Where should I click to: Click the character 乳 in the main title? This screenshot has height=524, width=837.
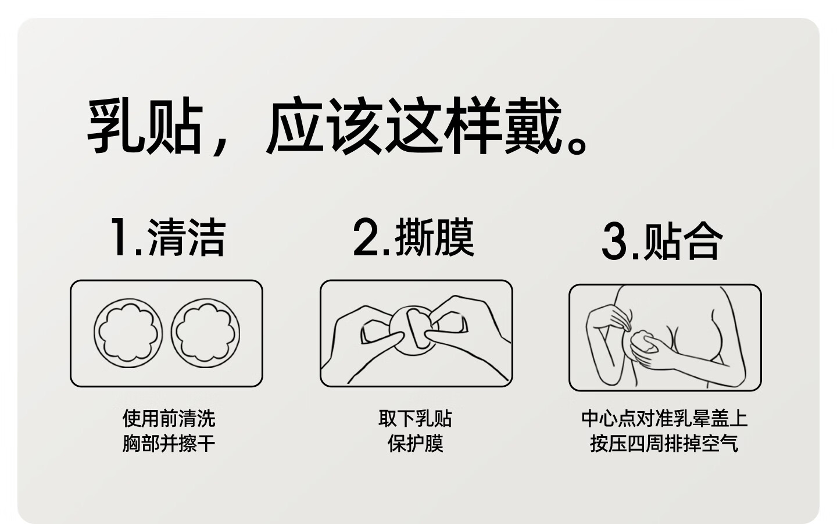[x=116, y=125]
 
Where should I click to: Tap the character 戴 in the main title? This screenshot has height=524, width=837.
[x=533, y=125]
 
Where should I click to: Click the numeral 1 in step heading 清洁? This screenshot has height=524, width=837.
[x=120, y=237]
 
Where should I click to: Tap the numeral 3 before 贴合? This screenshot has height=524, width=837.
[x=615, y=241]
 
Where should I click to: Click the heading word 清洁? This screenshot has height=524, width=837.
[x=187, y=237]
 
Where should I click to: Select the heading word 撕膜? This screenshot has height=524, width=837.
[x=435, y=237]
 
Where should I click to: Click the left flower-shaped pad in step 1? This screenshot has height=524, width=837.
[x=128, y=333]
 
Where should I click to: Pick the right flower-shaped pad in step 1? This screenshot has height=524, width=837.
[x=206, y=333]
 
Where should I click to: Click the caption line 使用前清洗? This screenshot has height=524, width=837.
[x=169, y=419]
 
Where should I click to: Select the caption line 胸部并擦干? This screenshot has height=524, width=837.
[x=169, y=444]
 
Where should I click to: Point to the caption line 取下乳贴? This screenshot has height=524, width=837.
[x=416, y=419]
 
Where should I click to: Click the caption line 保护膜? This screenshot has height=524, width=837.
[x=416, y=444]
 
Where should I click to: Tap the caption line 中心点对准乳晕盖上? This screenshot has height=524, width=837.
[x=664, y=419]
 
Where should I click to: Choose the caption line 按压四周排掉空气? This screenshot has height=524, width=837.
[x=664, y=444]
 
